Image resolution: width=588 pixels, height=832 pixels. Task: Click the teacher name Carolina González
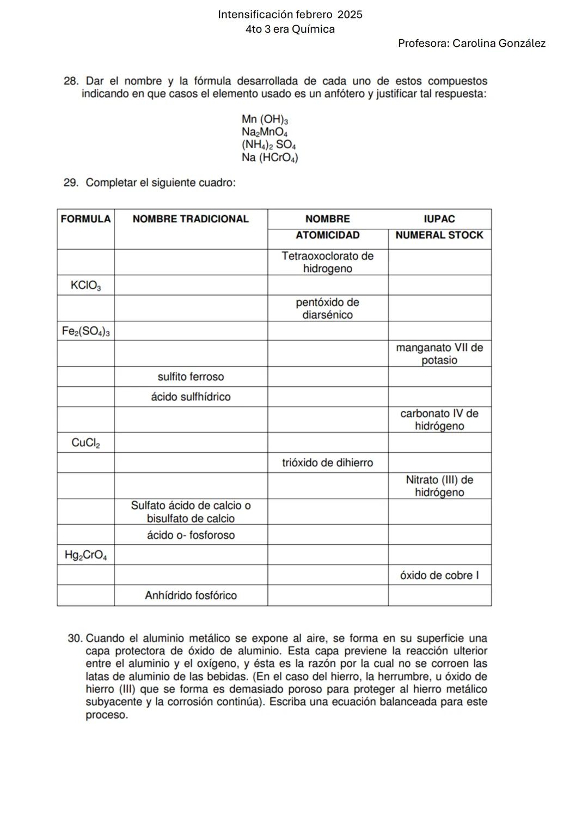(x=499, y=44)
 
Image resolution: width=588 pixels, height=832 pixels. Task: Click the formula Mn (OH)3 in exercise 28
(x=265, y=119)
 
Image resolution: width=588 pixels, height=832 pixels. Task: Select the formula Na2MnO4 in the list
(x=264, y=132)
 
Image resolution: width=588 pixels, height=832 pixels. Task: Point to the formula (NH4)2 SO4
(x=268, y=145)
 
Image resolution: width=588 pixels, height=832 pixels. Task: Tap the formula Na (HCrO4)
(x=269, y=158)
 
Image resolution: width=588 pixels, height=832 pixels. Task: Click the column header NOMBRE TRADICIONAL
(x=191, y=219)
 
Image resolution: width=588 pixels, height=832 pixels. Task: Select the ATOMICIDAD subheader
(x=327, y=235)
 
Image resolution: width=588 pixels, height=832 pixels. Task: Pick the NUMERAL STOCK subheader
(x=439, y=235)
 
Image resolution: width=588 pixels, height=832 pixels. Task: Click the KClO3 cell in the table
(x=85, y=285)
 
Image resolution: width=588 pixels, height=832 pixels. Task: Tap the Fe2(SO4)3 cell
(x=85, y=331)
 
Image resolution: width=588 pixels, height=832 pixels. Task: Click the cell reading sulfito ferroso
(x=191, y=377)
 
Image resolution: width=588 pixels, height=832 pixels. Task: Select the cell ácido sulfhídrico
(x=191, y=397)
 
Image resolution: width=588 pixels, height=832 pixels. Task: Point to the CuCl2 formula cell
(x=85, y=443)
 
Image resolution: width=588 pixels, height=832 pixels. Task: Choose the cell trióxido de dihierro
(x=327, y=463)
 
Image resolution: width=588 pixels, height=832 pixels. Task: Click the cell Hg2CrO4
(x=85, y=555)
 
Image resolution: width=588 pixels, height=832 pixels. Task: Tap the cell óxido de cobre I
(x=439, y=575)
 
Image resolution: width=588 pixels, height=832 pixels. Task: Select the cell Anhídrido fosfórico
(x=191, y=596)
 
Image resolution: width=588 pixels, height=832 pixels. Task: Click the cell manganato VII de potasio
(x=439, y=354)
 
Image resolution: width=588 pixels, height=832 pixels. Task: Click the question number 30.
(x=75, y=638)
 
